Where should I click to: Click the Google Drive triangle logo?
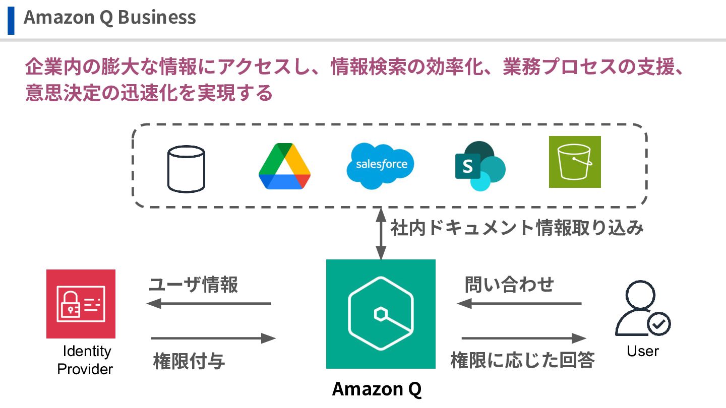click(x=284, y=166)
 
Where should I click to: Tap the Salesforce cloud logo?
click(x=381, y=165)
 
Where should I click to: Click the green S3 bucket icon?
click(x=575, y=162)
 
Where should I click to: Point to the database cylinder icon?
click(x=186, y=169)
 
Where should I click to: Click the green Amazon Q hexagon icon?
click(x=381, y=314)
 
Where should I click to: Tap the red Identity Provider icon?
click(x=81, y=304)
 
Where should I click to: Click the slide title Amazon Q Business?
click(x=109, y=18)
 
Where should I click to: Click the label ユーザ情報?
click(x=193, y=286)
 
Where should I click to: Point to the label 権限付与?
click(x=189, y=362)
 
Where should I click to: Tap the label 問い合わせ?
click(x=509, y=285)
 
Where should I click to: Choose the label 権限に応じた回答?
click(x=523, y=361)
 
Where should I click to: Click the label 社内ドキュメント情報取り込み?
click(x=517, y=228)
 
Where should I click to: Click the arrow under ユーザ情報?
click(x=209, y=304)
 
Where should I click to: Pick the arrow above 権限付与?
click(x=213, y=338)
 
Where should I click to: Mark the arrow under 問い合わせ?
click(x=519, y=304)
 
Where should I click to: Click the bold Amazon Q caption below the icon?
click(x=377, y=389)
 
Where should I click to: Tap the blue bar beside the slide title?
click(x=11, y=20)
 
